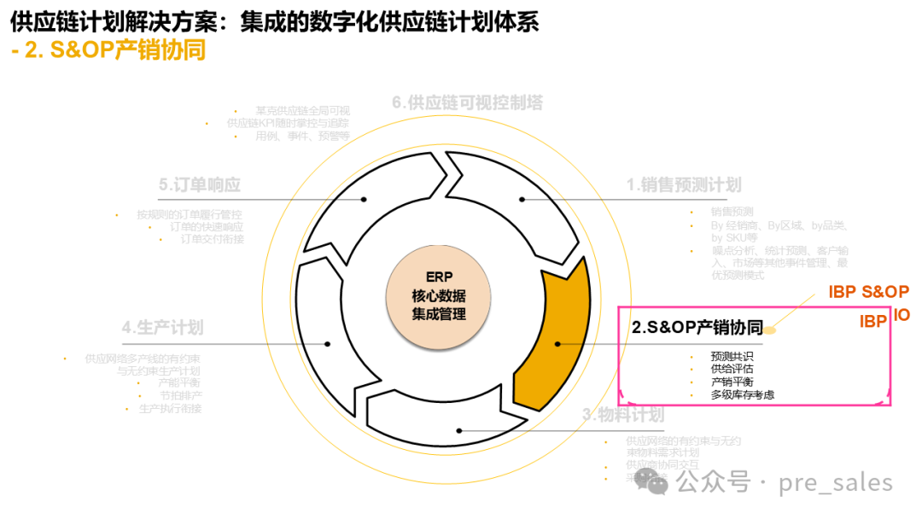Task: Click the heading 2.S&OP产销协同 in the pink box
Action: click(697, 327)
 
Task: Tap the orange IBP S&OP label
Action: click(868, 292)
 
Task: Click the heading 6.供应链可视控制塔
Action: click(467, 102)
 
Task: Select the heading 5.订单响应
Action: click(199, 184)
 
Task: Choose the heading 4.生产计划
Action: click(162, 328)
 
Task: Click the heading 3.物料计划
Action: click(622, 415)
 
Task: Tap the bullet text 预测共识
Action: click(732, 356)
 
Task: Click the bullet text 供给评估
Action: click(732, 369)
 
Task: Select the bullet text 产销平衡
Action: click(732, 382)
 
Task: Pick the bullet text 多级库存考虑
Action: click(743, 394)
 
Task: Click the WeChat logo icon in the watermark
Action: click(656, 483)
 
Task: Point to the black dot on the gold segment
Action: click(557, 344)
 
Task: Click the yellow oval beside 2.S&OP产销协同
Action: click(769, 329)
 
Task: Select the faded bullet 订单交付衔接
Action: click(212, 239)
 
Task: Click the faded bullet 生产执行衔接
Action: click(170, 409)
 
